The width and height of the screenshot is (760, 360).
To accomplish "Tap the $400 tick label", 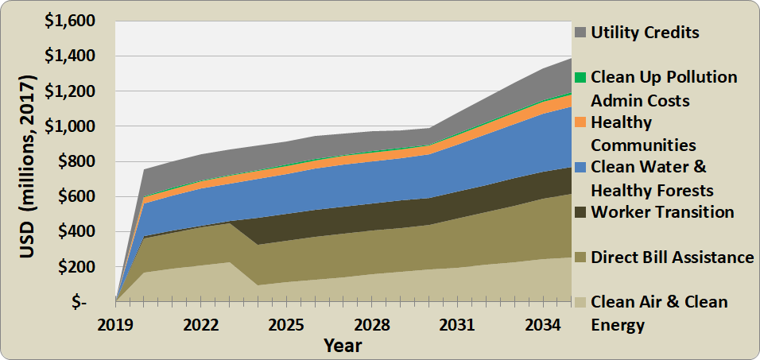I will (x=83, y=232).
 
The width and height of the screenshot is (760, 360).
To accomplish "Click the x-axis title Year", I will (x=343, y=346).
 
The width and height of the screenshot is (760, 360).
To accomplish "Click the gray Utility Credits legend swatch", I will (x=580, y=33).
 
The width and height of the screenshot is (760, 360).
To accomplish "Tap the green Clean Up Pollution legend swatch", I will (x=580, y=77).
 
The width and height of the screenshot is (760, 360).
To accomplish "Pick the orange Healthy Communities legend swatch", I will (x=580, y=122).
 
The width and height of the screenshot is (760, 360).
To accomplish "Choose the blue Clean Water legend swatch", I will (x=580, y=167).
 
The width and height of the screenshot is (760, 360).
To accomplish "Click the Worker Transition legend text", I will (x=662, y=212).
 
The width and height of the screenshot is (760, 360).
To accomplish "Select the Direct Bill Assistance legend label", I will (x=673, y=257).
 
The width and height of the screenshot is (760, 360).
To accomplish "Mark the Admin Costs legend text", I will (x=641, y=101).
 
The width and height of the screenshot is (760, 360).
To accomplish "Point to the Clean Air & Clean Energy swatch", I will (x=580, y=302).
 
